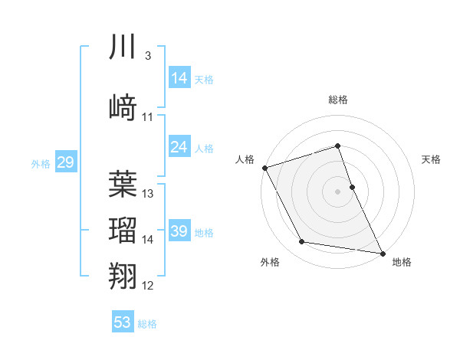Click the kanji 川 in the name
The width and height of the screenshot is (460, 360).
point(123,47)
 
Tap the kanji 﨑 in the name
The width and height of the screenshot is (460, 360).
point(123,107)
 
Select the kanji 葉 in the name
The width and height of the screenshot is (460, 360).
point(123,184)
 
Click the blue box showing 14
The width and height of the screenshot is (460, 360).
point(179,78)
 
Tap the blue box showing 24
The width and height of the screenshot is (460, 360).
point(179,147)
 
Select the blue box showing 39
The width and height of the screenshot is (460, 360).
point(179,231)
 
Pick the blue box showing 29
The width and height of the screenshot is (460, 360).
point(65,162)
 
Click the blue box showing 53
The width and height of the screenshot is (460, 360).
point(123,322)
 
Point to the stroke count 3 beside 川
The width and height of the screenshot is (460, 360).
point(147,57)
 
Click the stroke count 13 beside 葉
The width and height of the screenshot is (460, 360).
point(148,194)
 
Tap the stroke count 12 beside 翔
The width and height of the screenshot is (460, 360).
point(148,286)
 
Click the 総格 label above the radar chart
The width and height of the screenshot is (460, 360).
point(338,100)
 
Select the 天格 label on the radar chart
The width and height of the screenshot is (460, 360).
point(431,159)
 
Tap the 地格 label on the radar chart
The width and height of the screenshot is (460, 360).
point(402,262)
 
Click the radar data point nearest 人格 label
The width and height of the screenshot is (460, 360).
point(264,167)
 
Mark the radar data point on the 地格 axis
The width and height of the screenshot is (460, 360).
point(383,252)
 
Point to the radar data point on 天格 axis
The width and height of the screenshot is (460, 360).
point(352,186)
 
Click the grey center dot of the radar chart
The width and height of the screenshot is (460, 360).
point(338,191)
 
